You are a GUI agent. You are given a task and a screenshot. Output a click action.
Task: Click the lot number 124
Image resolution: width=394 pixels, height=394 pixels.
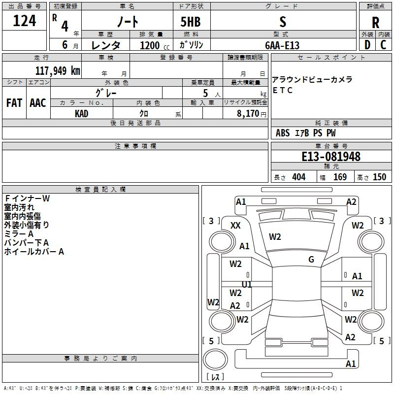pos(24,21)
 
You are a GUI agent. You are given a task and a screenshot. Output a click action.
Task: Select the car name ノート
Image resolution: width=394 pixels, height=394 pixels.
pos(128,21)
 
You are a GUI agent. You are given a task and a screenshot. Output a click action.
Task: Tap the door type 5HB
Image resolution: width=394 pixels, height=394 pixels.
pos(191,22)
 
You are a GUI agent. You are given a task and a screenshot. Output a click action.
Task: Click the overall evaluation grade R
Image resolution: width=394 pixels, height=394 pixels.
pos(375,23)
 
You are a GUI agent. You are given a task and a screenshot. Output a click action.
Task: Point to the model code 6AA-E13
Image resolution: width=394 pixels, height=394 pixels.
pos(282,45)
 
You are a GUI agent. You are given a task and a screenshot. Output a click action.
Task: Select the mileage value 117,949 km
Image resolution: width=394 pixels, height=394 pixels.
pos(58,71)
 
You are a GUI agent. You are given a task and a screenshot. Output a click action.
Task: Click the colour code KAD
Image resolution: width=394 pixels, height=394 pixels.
pos(81,114)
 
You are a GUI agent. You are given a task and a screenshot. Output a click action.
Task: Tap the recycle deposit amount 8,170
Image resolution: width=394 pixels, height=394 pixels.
pos(248,114)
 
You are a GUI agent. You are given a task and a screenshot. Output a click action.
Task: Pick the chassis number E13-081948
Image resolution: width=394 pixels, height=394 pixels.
pos(331,157)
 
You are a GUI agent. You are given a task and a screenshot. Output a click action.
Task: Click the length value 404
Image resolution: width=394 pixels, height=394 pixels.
pos(299,177)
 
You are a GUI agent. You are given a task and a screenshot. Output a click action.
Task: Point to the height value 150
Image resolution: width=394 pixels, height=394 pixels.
pos(379,177)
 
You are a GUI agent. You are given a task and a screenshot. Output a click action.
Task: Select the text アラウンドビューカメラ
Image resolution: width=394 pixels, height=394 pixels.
pos(312,80)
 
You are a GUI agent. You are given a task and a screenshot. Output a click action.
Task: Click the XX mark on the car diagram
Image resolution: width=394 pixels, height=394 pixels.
pos(235,226)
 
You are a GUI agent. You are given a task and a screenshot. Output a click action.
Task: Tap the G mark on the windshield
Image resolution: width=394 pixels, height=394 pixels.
pos(311,260)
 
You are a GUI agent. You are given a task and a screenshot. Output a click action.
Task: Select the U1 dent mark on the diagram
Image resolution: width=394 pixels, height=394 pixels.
pos(247,284)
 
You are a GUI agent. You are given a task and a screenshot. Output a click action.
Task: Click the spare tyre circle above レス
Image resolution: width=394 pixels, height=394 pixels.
pos(215,360)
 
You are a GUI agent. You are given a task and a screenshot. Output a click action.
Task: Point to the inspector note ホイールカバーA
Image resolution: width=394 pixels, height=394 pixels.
pos(34,252)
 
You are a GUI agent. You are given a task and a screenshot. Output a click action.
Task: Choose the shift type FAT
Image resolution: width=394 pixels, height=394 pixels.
pos(14,103)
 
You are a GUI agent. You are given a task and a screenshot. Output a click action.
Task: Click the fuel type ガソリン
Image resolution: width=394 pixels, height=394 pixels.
pos(191,45)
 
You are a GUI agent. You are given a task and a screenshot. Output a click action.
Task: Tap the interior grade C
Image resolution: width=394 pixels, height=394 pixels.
pos(383,45)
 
